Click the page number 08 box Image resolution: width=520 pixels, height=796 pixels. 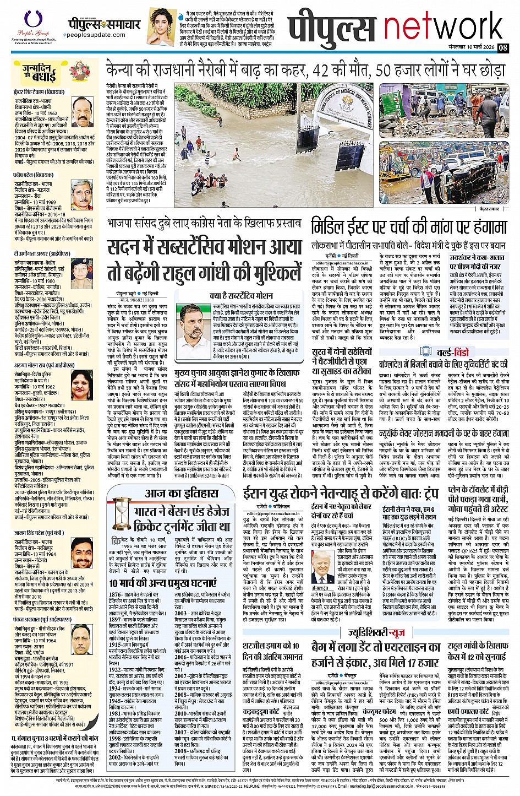[x=502, y=48]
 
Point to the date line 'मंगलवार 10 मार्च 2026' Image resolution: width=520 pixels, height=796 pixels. [x=472, y=48]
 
